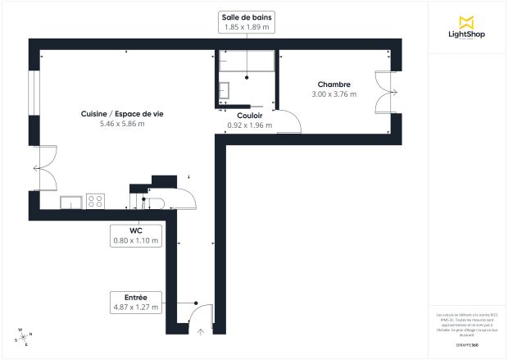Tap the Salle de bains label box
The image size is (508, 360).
pyautogui.click(x=247, y=22)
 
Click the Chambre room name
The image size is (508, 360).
pyautogui.click(x=334, y=84)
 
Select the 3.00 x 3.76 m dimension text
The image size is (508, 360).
pyautogui.click(x=334, y=94)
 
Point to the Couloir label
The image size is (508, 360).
pyautogui.click(x=250, y=116)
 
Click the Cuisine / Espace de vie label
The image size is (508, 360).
pyautogui.click(x=121, y=113)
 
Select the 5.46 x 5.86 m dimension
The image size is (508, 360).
pyautogui.click(x=121, y=124)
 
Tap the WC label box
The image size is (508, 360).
pyautogui.click(x=136, y=235)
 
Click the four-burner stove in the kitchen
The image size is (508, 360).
pyautogui.click(x=95, y=200)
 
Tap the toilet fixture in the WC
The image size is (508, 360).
pyautogui.click(x=155, y=203)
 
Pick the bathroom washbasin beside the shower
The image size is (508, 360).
pyautogui.click(x=225, y=89)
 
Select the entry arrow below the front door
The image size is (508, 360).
pyautogui.click(x=202, y=331)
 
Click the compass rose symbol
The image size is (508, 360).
pyautogui.click(x=22, y=335)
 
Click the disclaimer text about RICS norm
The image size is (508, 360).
pyautogui.click(x=467, y=324)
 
